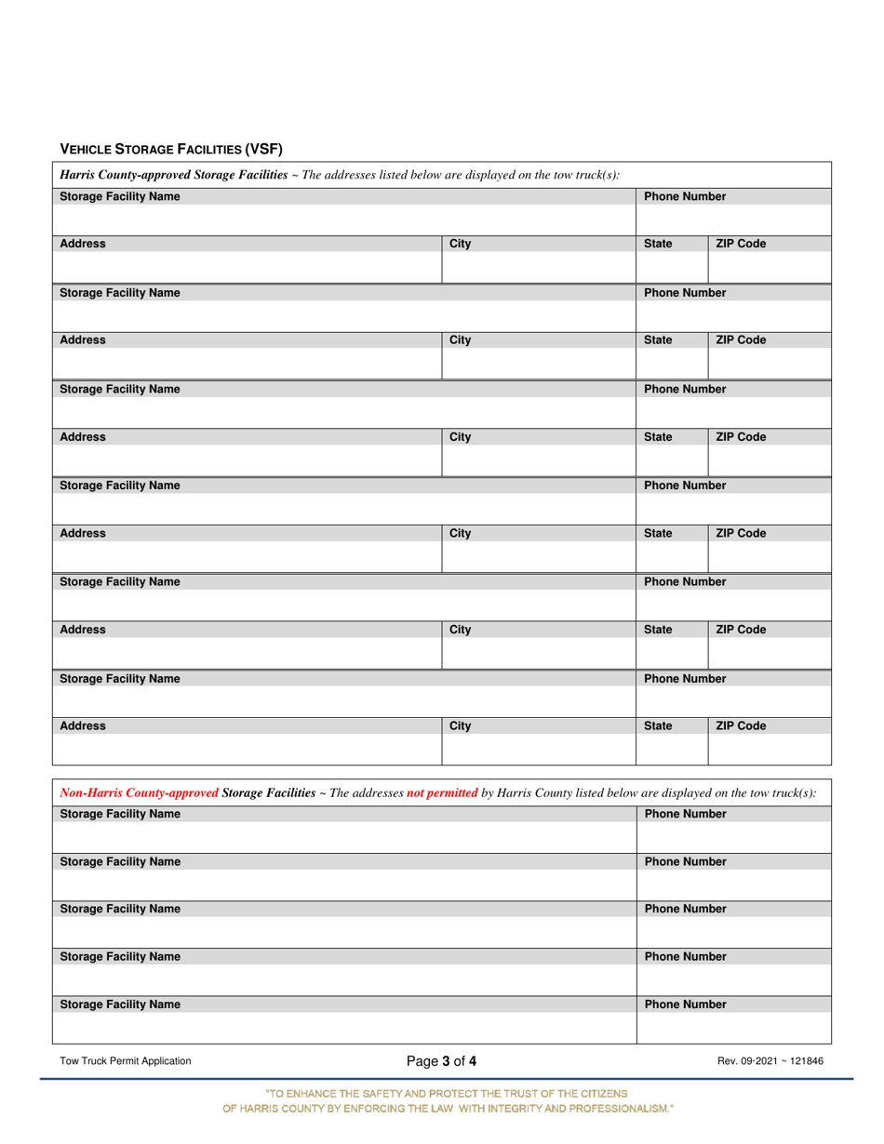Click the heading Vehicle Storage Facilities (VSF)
171,149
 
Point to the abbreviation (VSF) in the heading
263,149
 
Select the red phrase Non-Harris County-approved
140,792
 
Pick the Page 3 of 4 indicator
441,1060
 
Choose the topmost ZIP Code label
741,245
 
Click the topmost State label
658,245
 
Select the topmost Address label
83,245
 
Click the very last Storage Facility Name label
120,1004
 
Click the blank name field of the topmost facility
344,219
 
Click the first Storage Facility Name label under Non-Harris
120,814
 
